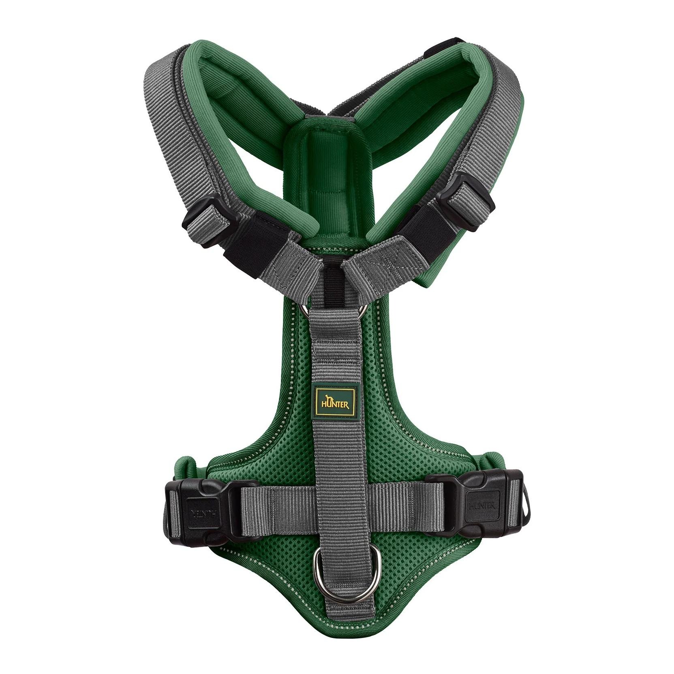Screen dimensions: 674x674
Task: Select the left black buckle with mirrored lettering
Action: (203, 510)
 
